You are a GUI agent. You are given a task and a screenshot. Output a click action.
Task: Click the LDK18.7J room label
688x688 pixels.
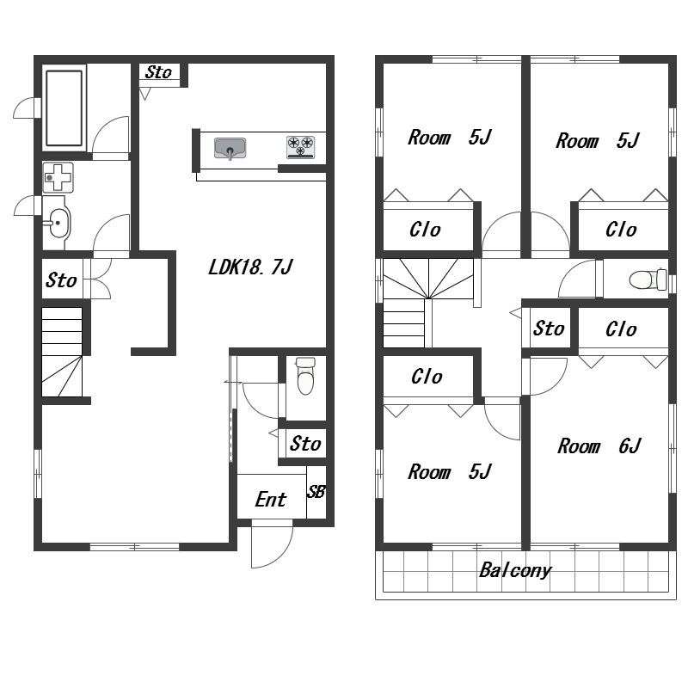coord(250,267)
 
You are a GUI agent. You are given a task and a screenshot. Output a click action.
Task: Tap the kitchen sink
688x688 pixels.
coord(230,148)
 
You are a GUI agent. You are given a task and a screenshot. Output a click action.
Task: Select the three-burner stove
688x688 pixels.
coord(300,146)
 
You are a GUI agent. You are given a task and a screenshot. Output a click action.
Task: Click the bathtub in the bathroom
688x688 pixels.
coord(64,108)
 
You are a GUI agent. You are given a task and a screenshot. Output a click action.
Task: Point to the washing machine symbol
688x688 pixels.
coord(58,177)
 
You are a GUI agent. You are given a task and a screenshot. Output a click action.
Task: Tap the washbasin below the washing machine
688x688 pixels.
coord(58,223)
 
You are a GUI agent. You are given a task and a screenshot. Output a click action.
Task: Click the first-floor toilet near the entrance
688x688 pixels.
coord(305,376)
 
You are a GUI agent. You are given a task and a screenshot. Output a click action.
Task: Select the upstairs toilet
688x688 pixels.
coord(648,279)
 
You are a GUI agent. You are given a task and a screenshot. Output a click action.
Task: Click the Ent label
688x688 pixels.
coord(271,500)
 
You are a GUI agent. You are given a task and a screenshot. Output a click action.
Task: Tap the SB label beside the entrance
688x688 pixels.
coord(316,492)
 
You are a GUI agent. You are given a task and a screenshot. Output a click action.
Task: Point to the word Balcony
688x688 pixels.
coord(515,570)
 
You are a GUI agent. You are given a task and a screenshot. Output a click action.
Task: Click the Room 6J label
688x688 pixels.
coord(599,446)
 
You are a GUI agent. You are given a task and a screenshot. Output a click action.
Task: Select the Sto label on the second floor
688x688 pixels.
coord(549,329)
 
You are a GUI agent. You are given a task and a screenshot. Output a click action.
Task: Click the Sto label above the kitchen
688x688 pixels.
coord(158,72)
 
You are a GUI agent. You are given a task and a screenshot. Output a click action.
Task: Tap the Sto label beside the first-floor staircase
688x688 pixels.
coord(61,280)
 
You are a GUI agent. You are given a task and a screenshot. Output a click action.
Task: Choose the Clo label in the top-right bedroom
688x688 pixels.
coord(621,230)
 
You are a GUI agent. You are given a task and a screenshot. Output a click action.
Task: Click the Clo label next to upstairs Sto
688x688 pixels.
coord(621,329)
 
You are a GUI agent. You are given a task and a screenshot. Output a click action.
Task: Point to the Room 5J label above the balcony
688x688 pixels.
coord(450,472)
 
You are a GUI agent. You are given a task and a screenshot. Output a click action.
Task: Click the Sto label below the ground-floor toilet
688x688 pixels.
coord(305,444)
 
